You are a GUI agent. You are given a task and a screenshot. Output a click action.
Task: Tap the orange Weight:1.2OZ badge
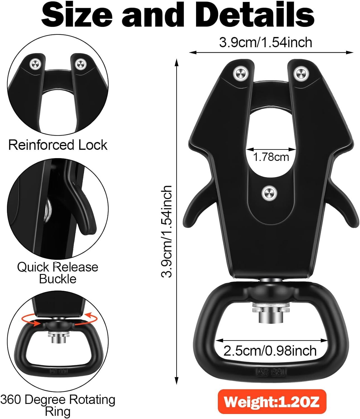click(272, 402)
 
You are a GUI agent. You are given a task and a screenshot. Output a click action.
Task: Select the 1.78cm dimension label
click(271, 157)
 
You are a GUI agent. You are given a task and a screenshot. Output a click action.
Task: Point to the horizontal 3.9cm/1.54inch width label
click(265, 43)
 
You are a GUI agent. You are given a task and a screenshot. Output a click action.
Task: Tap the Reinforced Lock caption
click(58, 145)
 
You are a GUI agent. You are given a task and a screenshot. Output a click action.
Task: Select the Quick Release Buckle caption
click(58, 273)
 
